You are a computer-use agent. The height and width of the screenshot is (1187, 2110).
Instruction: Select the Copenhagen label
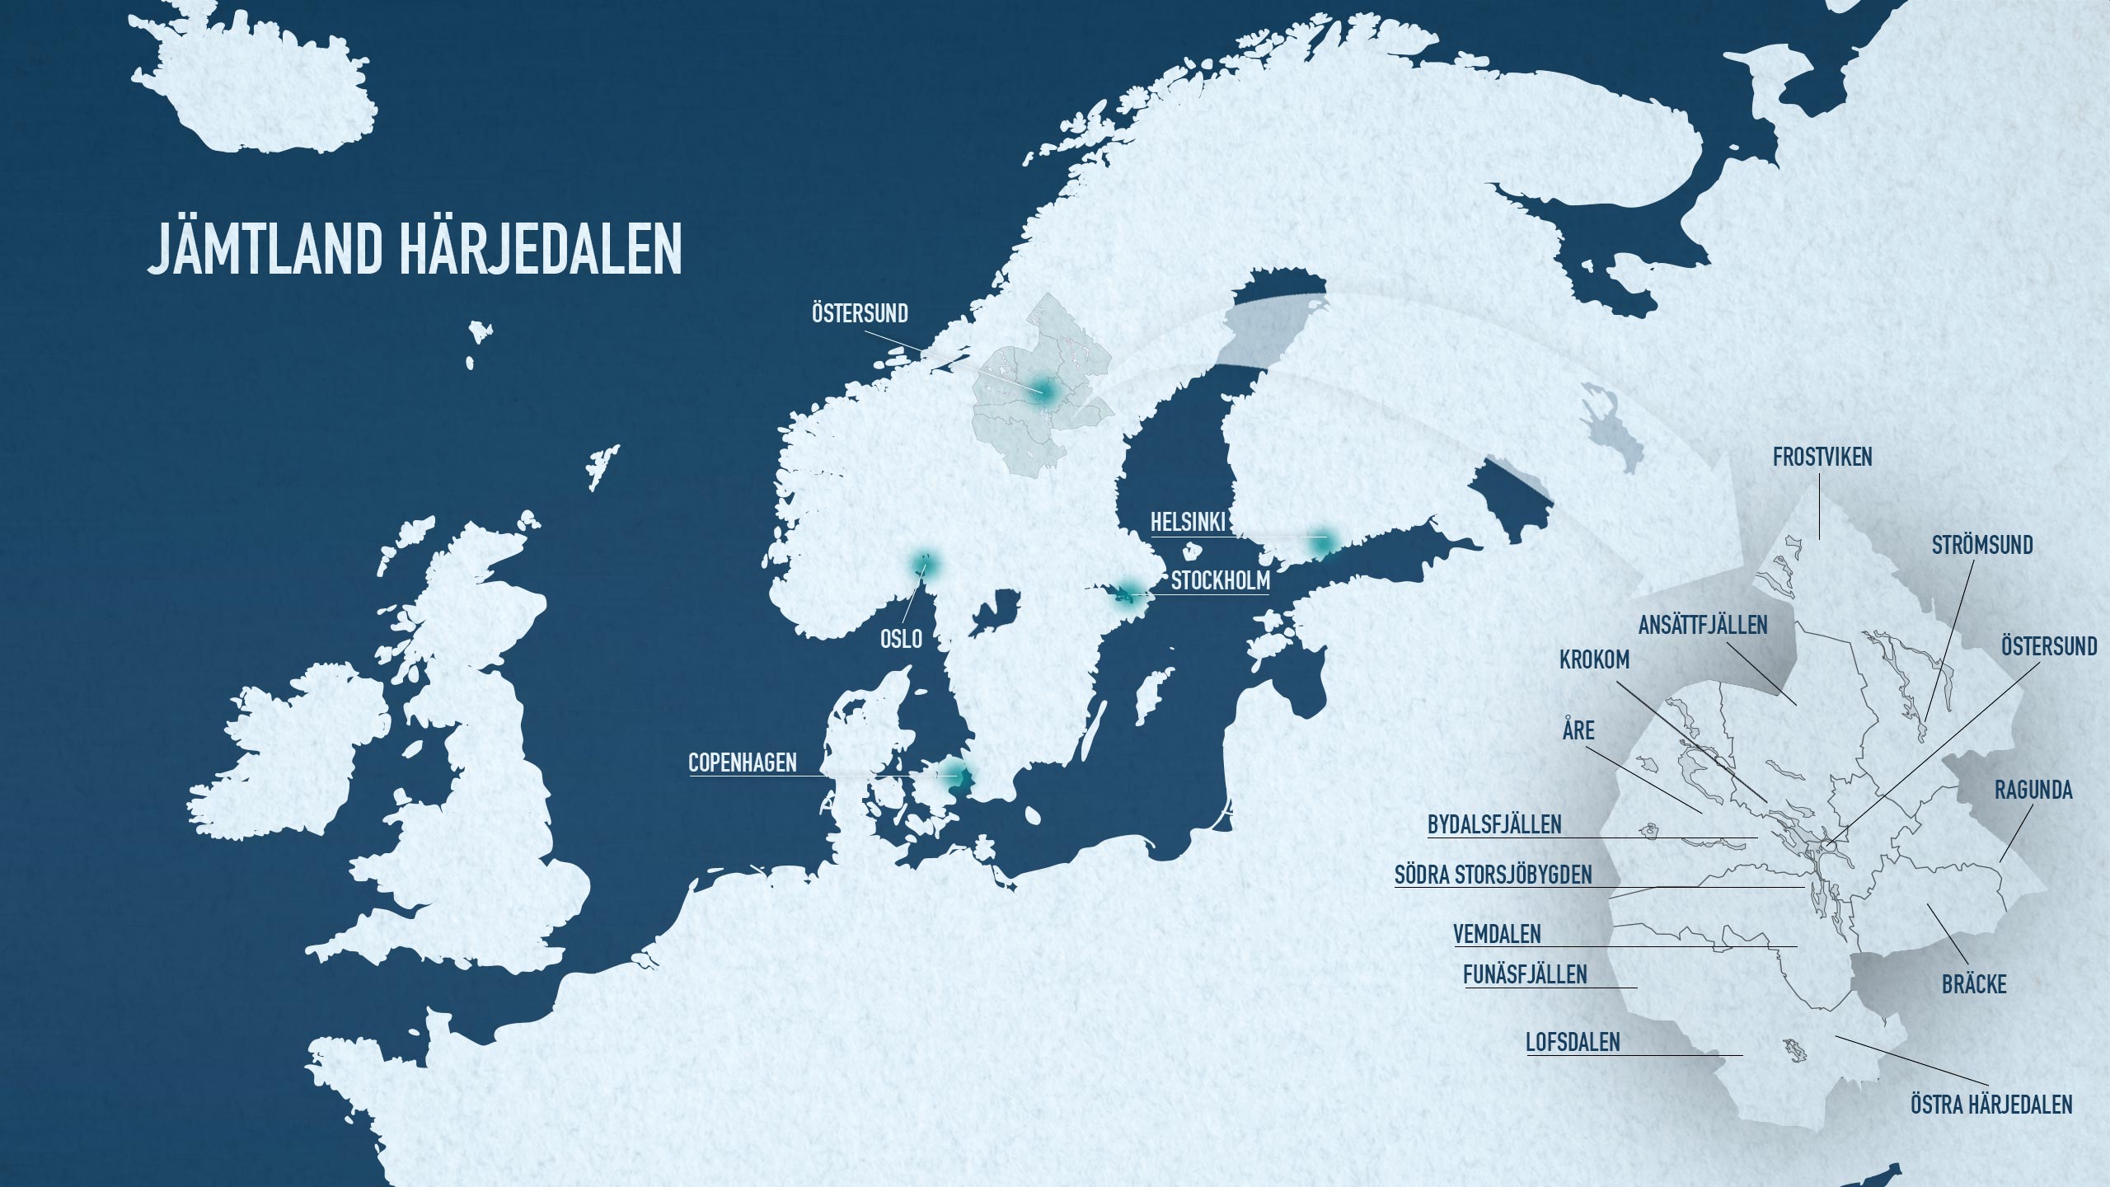(x=743, y=762)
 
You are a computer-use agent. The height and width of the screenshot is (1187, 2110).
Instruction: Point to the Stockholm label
(x=1220, y=581)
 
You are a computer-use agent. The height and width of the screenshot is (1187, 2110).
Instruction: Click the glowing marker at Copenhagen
(x=955, y=775)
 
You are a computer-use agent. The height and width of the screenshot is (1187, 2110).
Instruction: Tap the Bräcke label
(x=1973, y=984)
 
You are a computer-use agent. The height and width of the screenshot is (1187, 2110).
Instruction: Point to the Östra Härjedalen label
(x=1990, y=1105)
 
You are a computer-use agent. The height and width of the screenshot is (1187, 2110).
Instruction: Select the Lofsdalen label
(x=1573, y=1042)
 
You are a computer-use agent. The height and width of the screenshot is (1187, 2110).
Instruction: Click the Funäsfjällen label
(x=1525, y=974)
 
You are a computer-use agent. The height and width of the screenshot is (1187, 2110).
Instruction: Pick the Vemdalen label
(x=1497, y=934)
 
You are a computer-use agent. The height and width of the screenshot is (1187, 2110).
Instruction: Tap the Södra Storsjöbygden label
(x=1493, y=875)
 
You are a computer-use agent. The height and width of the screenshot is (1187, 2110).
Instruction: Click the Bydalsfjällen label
(x=1494, y=824)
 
